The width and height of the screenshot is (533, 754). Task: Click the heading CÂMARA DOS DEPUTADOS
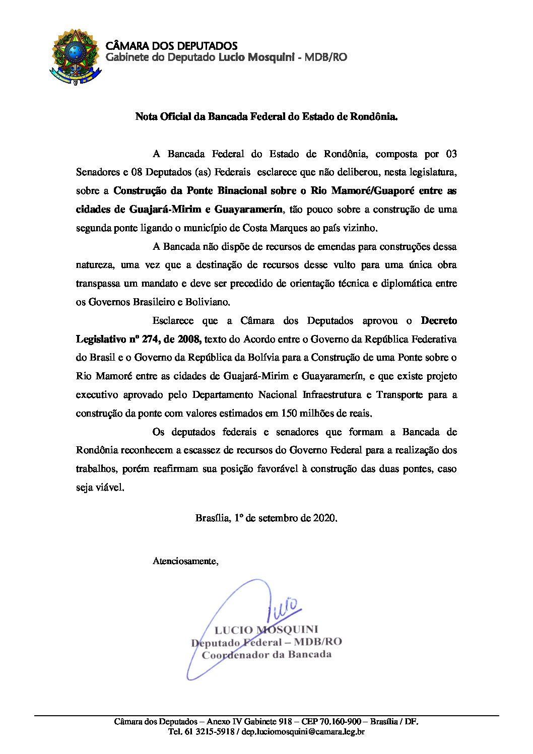click(x=171, y=46)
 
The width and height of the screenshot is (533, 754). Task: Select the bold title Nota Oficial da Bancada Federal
click(x=266, y=117)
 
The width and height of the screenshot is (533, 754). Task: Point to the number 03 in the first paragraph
click(x=450, y=154)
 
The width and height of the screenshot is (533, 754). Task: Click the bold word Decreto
click(x=439, y=321)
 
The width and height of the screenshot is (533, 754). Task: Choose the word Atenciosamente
click(x=185, y=561)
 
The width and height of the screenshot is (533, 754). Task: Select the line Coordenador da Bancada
click(x=266, y=655)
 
